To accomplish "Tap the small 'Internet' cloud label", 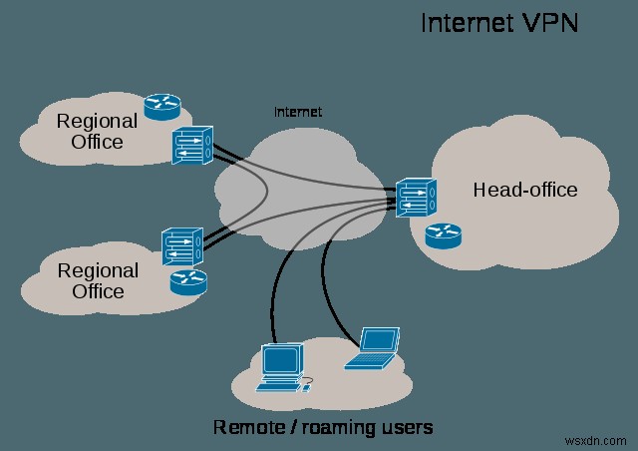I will click(x=299, y=112).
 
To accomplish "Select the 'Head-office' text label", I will click(x=525, y=190).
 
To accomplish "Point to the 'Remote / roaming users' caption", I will click(x=322, y=427).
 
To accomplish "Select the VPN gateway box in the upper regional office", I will click(x=191, y=145).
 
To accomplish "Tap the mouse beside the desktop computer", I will click(x=308, y=380).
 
